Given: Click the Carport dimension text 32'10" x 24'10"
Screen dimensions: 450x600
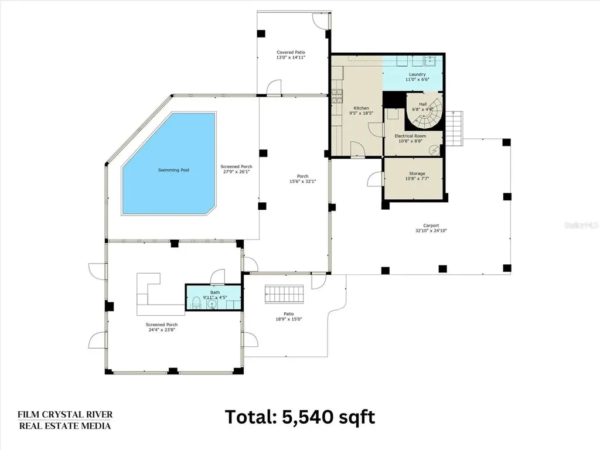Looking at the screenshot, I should coord(431,231).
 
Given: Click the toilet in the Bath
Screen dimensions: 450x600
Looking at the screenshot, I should coord(196,302).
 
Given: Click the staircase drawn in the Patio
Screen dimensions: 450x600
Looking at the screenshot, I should coord(285,294).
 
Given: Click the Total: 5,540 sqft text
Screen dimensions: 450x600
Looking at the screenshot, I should coord(300,417).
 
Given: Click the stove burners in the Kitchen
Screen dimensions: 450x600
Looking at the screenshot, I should coord(336,97).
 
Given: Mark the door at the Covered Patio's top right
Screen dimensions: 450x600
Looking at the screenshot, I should coord(319,21).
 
